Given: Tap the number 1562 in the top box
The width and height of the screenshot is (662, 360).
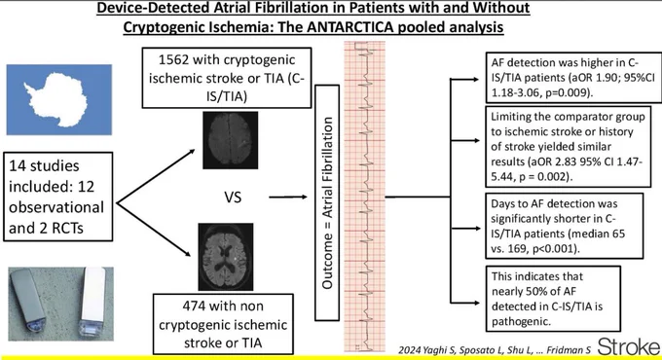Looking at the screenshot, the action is point(173,60).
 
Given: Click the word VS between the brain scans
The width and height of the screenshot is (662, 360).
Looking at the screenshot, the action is point(233,198).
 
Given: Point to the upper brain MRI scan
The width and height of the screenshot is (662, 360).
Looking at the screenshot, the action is point(230,140).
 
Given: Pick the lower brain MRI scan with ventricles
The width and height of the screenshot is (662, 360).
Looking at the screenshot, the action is point(226,257).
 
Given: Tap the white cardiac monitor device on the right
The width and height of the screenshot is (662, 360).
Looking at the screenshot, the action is point(92,300).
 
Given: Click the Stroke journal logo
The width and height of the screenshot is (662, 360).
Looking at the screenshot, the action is point(629,347).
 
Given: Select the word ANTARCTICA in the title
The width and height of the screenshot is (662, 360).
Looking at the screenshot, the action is point(350,27).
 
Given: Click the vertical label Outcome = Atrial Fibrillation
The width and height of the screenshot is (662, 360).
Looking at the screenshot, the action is point(327,202).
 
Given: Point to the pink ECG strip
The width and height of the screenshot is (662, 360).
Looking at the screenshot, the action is point(365,197).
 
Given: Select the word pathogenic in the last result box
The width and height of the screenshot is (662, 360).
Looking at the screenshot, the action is point(521,322).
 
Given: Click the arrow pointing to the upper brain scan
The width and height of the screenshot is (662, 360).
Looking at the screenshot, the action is point(156,176).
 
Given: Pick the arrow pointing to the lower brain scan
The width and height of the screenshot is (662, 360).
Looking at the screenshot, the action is point(154,231).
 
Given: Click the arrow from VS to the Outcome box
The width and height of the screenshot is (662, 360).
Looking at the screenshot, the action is point(288,197).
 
